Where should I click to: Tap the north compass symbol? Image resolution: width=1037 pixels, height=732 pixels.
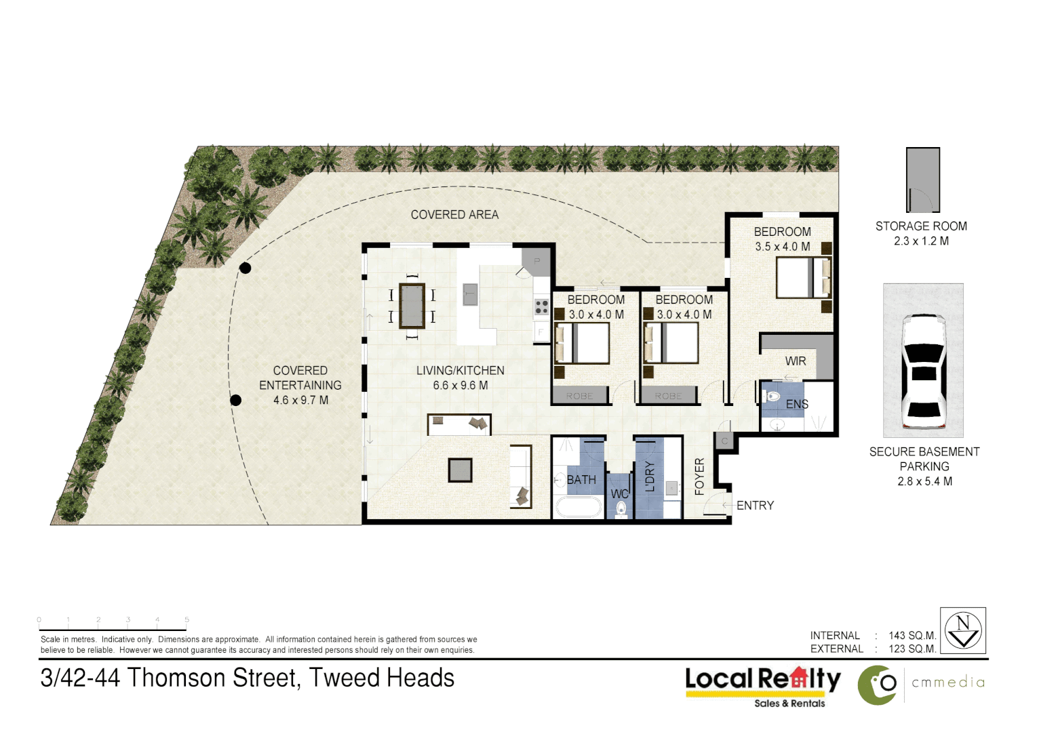click(x=963, y=630)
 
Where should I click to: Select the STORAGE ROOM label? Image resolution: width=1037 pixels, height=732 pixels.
click(x=921, y=226)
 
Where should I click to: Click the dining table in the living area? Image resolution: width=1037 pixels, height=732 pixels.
click(x=412, y=306)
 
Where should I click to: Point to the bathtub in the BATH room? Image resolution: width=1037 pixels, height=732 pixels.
click(x=578, y=507)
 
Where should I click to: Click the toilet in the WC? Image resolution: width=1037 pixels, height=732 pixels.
click(x=621, y=509)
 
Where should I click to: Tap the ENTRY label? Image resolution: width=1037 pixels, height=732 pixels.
click(x=755, y=506)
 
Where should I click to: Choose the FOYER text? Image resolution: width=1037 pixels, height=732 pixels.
click(x=700, y=476)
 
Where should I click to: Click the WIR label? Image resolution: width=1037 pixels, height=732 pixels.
click(x=796, y=361)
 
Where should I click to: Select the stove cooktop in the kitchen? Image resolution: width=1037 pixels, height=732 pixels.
click(x=541, y=307)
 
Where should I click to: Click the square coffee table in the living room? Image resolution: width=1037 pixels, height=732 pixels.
click(x=460, y=470)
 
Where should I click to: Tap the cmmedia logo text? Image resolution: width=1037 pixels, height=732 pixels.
click(x=947, y=683)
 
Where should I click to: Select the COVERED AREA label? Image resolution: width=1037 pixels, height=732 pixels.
click(x=454, y=215)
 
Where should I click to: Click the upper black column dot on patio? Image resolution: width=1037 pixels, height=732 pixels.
click(x=246, y=268)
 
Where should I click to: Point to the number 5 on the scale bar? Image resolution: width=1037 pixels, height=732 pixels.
click(x=187, y=619)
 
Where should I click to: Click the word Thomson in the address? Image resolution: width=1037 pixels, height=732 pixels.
click(x=178, y=678)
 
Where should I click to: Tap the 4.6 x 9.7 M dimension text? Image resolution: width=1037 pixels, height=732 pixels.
click(x=300, y=401)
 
